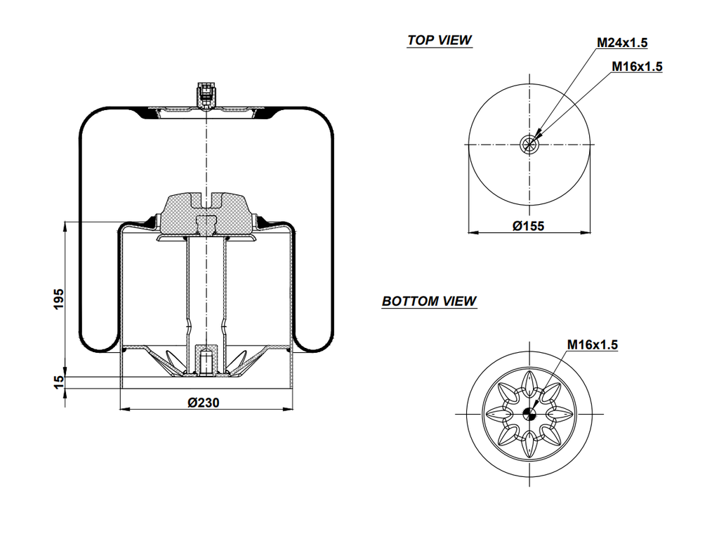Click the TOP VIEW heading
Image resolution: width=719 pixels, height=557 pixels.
(440, 40)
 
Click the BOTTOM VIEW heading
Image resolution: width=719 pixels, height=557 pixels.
(429, 301)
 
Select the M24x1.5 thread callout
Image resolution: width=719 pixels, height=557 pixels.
(622, 43)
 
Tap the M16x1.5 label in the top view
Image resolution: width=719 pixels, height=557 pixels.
(637, 67)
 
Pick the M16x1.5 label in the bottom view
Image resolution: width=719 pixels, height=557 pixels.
(592, 344)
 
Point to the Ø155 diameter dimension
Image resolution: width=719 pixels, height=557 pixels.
(529, 226)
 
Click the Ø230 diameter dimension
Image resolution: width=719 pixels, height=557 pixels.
(206, 402)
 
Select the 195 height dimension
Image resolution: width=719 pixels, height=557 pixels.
(58, 298)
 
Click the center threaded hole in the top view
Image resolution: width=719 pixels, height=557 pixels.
(529, 145)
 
